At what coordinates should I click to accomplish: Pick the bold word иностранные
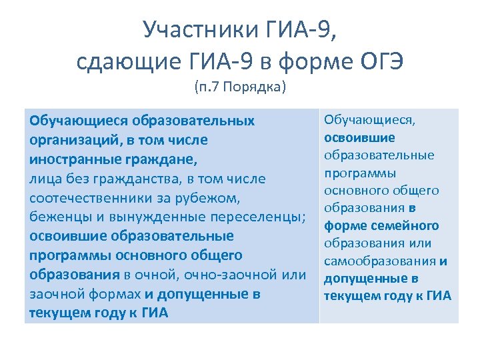click(x=71, y=160)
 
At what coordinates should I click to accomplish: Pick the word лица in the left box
click(x=43, y=179)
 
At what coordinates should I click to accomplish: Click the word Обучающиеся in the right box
click(x=369, y=121)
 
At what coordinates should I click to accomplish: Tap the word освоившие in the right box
click(x=359, y=138)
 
